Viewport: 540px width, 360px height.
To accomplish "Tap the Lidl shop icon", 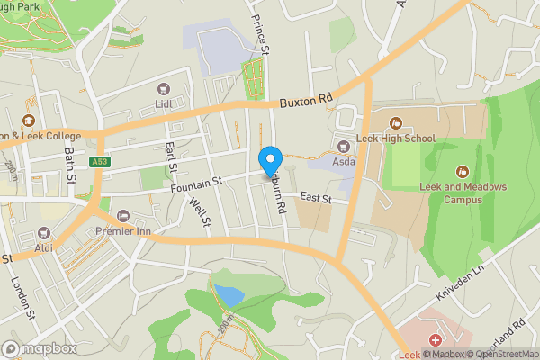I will point(164,88).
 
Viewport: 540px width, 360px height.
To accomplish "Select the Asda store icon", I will point(342,146).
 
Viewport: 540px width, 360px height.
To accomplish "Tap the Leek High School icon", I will point(394,123).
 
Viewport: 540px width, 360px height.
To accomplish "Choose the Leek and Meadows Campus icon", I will point(463,171).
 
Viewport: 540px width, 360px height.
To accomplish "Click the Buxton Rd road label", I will point(305,102).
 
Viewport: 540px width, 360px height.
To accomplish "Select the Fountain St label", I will point(196,183).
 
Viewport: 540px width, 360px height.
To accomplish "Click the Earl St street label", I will point(169,156).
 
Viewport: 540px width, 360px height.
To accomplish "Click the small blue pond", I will point(228,294).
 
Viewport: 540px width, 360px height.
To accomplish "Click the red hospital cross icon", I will point(436,340).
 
